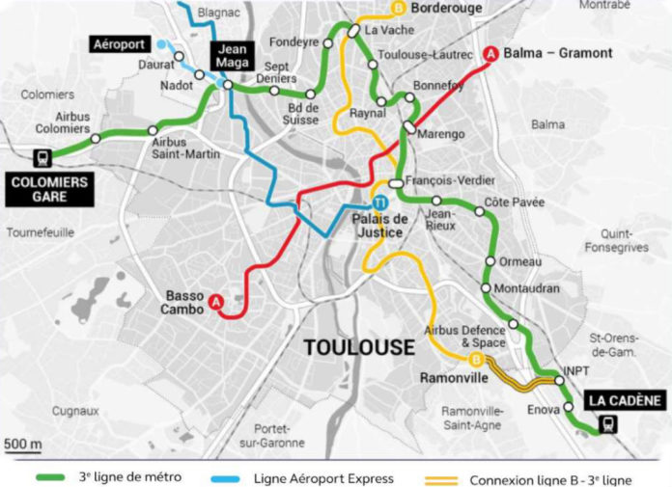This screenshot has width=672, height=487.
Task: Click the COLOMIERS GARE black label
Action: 48,189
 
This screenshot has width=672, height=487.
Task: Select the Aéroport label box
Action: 121,44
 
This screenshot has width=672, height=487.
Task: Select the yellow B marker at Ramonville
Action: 475,360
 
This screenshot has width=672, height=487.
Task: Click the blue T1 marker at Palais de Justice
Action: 381,203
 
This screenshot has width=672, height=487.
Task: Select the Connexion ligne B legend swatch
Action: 441,477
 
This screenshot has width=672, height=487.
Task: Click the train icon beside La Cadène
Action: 607,422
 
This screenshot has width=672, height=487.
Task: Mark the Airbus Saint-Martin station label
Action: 185,148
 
